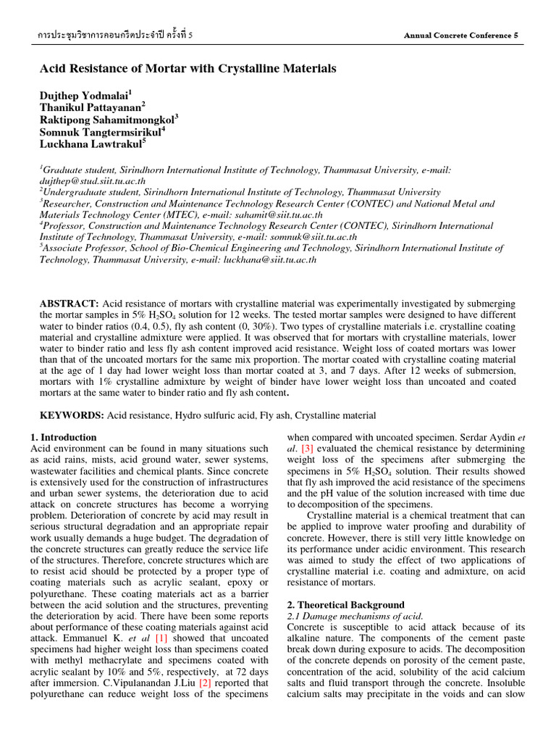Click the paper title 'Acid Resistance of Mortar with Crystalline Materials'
coord(188,69)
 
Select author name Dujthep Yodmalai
coord(83,94)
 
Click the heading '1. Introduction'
coord(64,437)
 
